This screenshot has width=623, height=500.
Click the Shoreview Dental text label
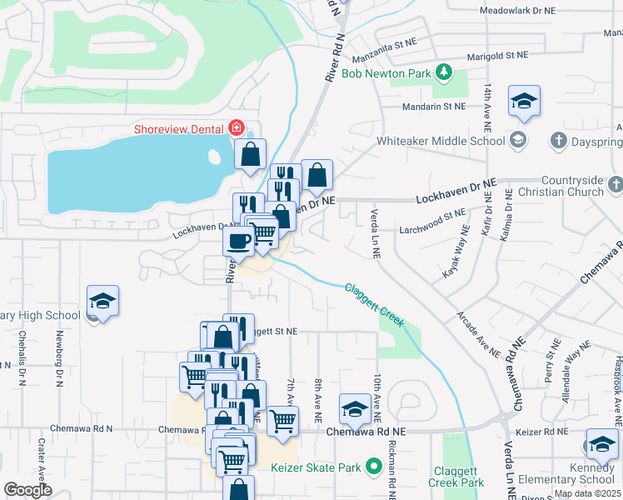click(x=180, y=128)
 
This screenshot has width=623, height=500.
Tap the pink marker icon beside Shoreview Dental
click(x=237, y=128)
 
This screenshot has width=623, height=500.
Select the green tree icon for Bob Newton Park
click(x=445, y=73)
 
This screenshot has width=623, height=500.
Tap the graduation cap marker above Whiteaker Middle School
click(x=524, y=102)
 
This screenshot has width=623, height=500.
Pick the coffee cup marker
click(x=239, y=242)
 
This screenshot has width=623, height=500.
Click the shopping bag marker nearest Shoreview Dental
click(x=250, y=155)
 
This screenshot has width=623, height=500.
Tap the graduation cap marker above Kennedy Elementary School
click(x=601, y=445)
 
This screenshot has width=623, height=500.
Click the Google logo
click(x=27, y=490)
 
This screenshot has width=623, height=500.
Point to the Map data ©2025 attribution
click(x=587, y=493)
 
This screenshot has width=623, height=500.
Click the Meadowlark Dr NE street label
click(x=517, y=11)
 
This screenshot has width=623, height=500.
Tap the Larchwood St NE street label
click(x=431, y=215)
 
